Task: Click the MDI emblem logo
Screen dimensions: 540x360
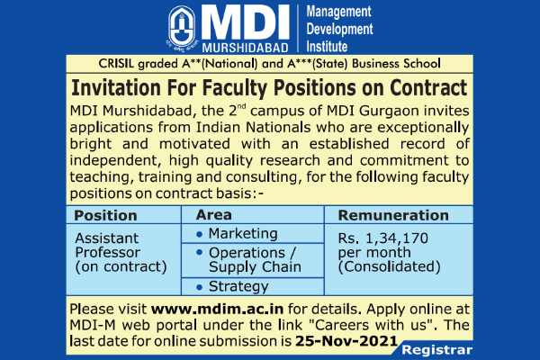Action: [x=183, y=29]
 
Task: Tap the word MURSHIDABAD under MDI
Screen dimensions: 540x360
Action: [x=245, y=48]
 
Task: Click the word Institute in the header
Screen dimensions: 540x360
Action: [x=327, y=47]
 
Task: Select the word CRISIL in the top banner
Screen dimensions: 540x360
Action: [x=116, y=64]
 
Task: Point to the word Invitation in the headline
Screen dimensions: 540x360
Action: [x=116, y=87]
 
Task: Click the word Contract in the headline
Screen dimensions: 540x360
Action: [x=428, y=87]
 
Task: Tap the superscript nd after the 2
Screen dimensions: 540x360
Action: [x=242, y=106]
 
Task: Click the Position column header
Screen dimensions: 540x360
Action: [x=105, y=216]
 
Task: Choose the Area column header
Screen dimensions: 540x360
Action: [x=214, y=215]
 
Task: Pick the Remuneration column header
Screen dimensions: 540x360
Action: [x=393, y=215]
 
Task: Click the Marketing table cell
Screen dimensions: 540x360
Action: [x=243, y=234]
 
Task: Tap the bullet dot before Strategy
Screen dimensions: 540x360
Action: [x=199, y=287]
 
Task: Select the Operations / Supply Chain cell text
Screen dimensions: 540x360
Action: [x=255, y=260]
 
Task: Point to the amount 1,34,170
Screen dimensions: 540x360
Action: [x=397, y=238]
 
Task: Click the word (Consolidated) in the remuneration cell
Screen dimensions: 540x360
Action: [x=389, y=266]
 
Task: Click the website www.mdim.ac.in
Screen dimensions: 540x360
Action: [x=217, y=309]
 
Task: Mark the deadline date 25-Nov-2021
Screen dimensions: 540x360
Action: [x=346, y=341]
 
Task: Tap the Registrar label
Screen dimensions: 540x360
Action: [x=436, y=350]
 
